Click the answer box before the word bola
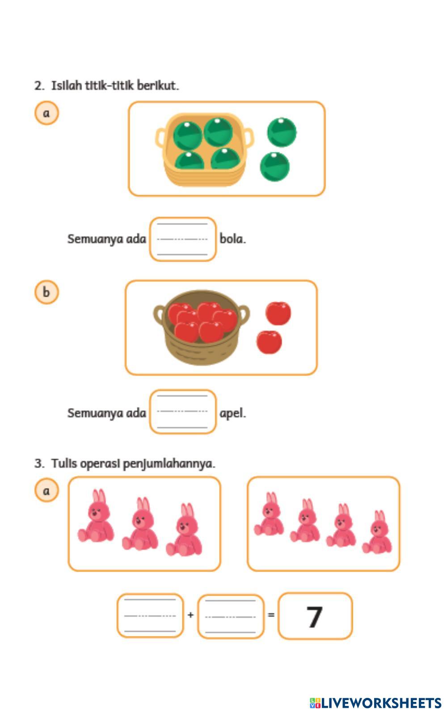pyautogui.click(x=183, y=239)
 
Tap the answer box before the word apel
pyautogui.click(x=183, y=412)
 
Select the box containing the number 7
pyautogui.click(x=315, y=616)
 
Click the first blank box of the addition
pyautogui.click(x=150, y=616)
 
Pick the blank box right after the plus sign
pyautogui.click(x=231, y=616)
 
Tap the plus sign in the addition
pyautogui.click(x=190, y=615)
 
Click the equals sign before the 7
pyautogui.click(x=271, y=615)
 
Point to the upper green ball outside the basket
pyautogui.click(x=282, y=132)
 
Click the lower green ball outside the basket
pyautogui.click(x=275, y=166)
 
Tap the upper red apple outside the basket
pyautogui.click(x=278, y=313)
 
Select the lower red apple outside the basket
pyautogui.click(x=269, y=342)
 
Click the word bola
pyautogui.click(x=232, y=239)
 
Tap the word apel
pyautogui.click(x=232, y=413)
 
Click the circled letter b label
pyautogui.click(x=46, y=292)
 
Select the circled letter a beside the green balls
pyautogui.click(x=46, y=113)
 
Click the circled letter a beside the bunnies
pyautogui.click(x=46, y=491)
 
